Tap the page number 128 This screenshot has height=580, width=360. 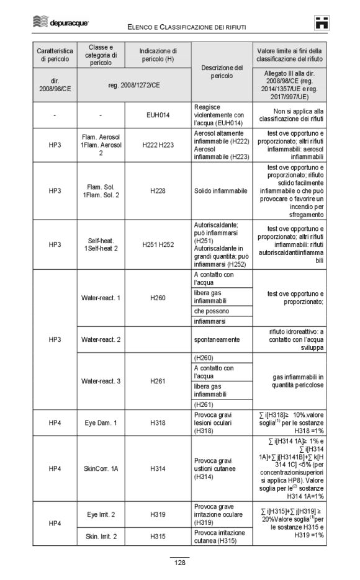180,563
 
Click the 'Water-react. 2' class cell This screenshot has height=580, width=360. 101,339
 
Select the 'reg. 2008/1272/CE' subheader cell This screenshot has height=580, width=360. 133,84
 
